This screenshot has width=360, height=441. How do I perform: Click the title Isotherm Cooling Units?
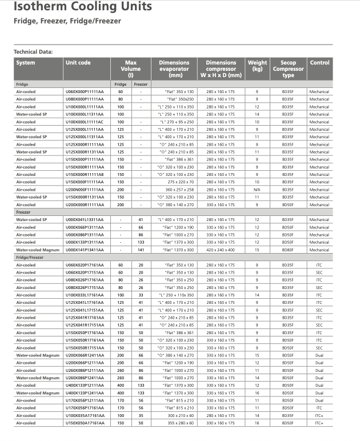83,7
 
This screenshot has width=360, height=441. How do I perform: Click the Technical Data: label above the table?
33,52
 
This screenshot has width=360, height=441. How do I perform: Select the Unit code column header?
78,63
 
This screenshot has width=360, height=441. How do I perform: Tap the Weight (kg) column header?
257,66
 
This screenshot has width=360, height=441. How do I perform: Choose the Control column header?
319,63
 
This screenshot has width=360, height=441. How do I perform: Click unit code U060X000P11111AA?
83,91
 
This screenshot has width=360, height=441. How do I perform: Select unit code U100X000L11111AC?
83,122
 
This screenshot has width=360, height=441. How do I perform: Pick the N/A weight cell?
257,190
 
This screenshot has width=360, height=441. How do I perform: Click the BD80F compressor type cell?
288,250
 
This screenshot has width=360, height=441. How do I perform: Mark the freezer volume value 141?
140,250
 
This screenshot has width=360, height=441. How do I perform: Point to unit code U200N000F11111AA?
83,190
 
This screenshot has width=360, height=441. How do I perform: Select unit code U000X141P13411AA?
83,250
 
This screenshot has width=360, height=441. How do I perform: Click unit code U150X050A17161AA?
83,423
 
